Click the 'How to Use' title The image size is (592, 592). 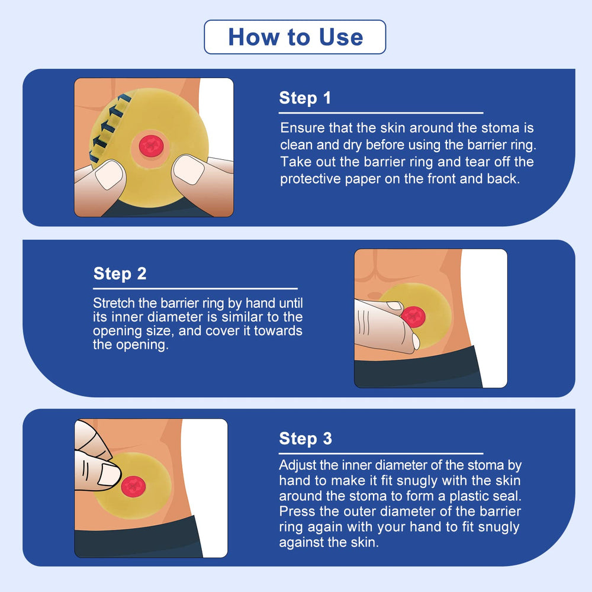coord(295,37)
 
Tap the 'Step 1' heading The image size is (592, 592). coord(305,98)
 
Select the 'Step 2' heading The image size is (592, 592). coord(120,274)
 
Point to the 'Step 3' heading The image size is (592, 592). coord(305,439)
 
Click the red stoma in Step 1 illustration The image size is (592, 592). coord(151,146)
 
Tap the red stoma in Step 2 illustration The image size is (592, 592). coord(413,316)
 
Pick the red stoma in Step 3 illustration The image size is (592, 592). coord(133,487)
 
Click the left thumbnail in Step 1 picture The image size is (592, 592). coord(110,174)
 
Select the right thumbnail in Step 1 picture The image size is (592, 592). coord(188,169)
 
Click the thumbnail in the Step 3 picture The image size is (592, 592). coord(109,474)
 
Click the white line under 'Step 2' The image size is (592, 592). coord(195,289)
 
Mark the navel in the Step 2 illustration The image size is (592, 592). coord(375,295)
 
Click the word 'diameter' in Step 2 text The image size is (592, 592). coord(176,317)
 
